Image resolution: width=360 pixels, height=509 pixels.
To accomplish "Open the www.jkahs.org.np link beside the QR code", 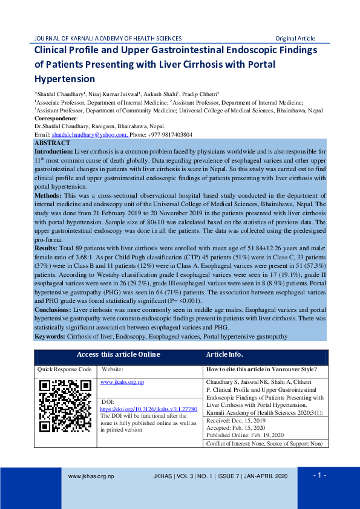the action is [122, 382].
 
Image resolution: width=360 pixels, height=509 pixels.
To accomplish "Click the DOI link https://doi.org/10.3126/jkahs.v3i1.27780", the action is [148, 409].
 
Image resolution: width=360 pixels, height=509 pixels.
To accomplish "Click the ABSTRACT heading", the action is [53, 143].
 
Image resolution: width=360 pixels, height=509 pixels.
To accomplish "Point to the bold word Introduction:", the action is [54, 151].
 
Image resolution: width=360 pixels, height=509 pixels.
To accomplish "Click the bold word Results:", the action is [47, 248].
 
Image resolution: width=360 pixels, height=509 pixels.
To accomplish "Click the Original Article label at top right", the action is [295, 38].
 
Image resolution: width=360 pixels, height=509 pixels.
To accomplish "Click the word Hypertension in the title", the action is [65, 79].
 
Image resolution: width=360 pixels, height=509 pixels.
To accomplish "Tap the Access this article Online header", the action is [119, 354].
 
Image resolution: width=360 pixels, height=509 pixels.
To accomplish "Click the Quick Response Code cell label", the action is [65, 369].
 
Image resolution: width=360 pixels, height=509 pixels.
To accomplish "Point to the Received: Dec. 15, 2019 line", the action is [237, 420].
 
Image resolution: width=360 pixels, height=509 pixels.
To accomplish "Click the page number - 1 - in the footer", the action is [319, 475].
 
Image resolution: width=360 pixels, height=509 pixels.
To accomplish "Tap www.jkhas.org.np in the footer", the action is [91, 476].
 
